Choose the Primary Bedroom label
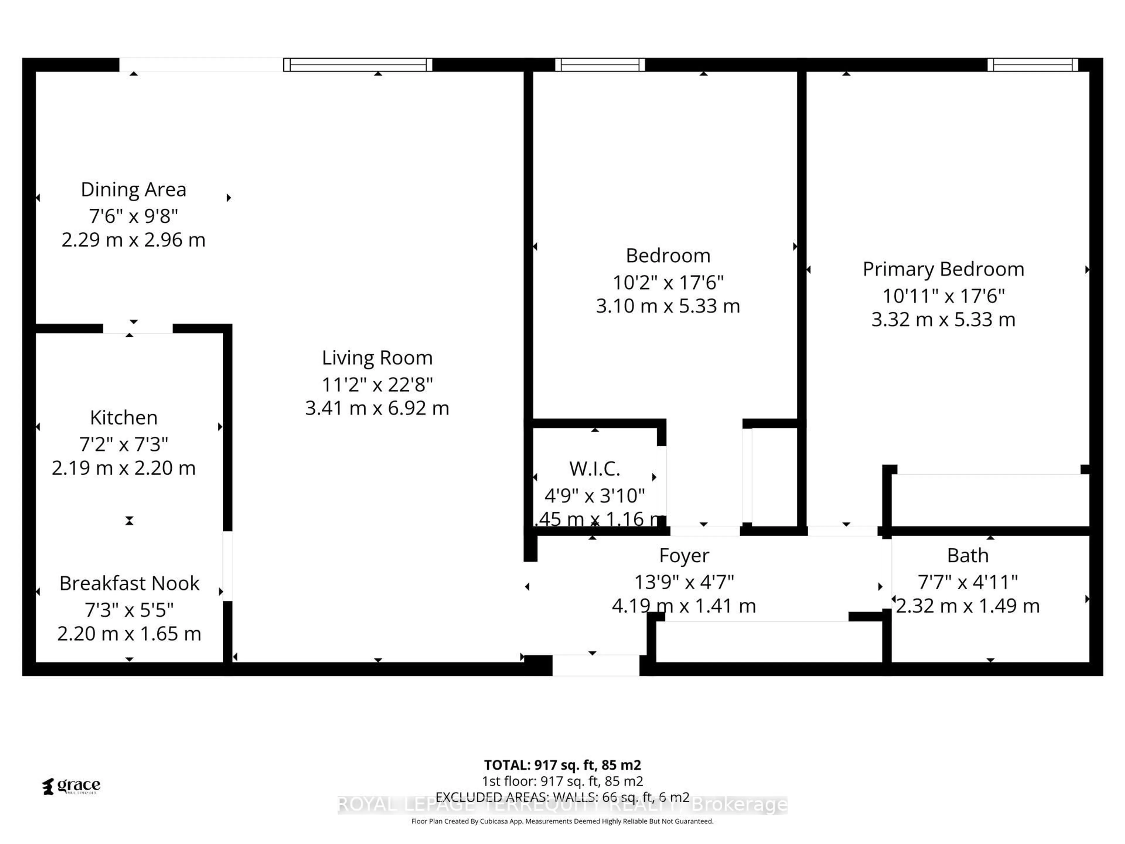click(x=943, y=269)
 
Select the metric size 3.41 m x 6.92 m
click(x=377, y=408)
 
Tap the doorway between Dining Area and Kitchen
click(x=137, y=329)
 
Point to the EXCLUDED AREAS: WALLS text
click(x=562, y=797)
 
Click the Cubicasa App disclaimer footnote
click(x=562, y=821)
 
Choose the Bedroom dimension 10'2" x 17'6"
click(x=668, y=282)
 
